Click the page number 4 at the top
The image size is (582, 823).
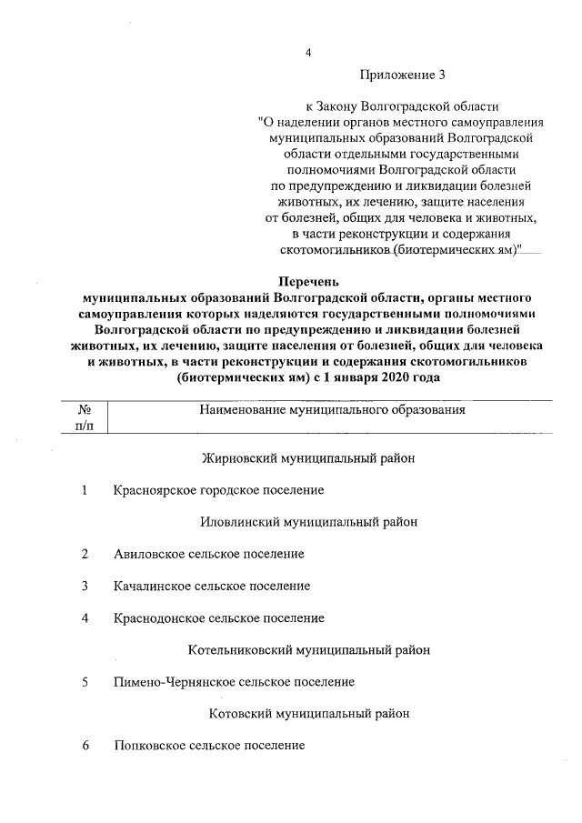[308, 52]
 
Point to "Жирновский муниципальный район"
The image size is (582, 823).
[307, 458]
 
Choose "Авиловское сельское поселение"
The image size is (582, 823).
[209, 554]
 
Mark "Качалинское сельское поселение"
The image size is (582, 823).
[212, 586]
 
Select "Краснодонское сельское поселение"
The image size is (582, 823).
[219, 618]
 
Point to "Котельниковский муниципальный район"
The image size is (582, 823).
[309, 650]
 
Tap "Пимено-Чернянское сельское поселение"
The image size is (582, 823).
[235, 681]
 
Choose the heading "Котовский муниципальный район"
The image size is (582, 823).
[309, 714]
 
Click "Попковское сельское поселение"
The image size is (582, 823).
[209, 746]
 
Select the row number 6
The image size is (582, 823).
[85, 746]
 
